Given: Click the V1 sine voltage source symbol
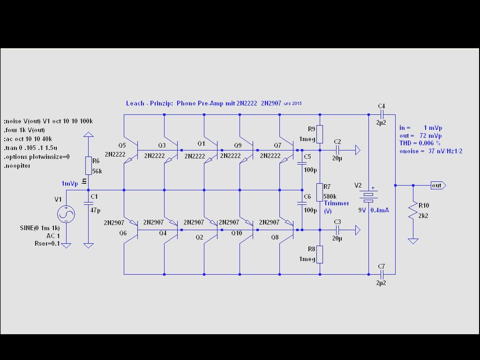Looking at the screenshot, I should pos(66,215).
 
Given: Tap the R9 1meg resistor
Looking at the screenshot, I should pos(320,134).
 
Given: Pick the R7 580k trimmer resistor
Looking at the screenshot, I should pos(320,192).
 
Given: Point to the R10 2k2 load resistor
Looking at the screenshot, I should pos(413,210).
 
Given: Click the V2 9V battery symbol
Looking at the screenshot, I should pos(369,197).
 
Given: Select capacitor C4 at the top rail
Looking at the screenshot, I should pos(382,114).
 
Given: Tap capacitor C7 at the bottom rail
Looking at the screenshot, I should pos(382,274).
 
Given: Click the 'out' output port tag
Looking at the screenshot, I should pos(437,185).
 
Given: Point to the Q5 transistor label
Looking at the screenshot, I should pos(122,145).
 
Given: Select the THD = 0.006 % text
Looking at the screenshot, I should pos(420,143).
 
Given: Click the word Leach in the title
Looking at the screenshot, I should pos(135,103).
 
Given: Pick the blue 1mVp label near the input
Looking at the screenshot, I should pos(69,183).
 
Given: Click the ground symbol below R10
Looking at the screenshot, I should pos(413,241).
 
